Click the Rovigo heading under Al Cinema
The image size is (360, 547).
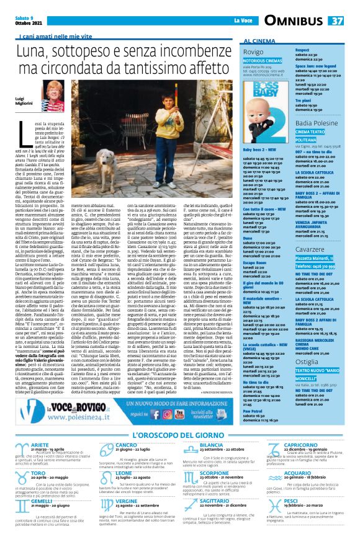click(254, 52)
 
